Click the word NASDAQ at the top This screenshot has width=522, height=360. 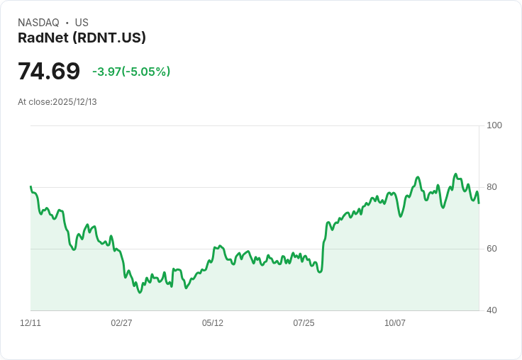pos(38,23)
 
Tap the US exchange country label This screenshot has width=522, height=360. pos(82,23)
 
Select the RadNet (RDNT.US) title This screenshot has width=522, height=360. pos(82,38)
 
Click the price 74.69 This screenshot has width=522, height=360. pos(49,72)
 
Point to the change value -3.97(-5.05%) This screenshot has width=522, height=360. pos(131,72)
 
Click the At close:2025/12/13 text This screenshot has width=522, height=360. pos(57,102)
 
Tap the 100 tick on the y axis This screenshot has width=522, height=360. pos(494,125)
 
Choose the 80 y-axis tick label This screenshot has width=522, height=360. pos(492,187)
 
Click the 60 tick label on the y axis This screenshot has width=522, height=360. pos(492,249)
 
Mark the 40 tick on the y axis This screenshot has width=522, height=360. pos(492,310)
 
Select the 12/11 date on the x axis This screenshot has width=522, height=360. pos(30,323)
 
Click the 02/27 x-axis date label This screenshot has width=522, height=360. pos(121,323)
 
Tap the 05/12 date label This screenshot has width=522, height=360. pos(213,323)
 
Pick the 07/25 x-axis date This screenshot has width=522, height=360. pos(304,323)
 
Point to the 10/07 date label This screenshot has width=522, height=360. pos(395,323)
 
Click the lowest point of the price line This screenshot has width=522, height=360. pos(140,292)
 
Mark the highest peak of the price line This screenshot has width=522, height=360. pos(456,174)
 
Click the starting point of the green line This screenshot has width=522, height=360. pos(30,186)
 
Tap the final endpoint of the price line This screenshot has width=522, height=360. pos(479,203)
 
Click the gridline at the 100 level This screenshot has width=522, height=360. pos(255,126)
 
